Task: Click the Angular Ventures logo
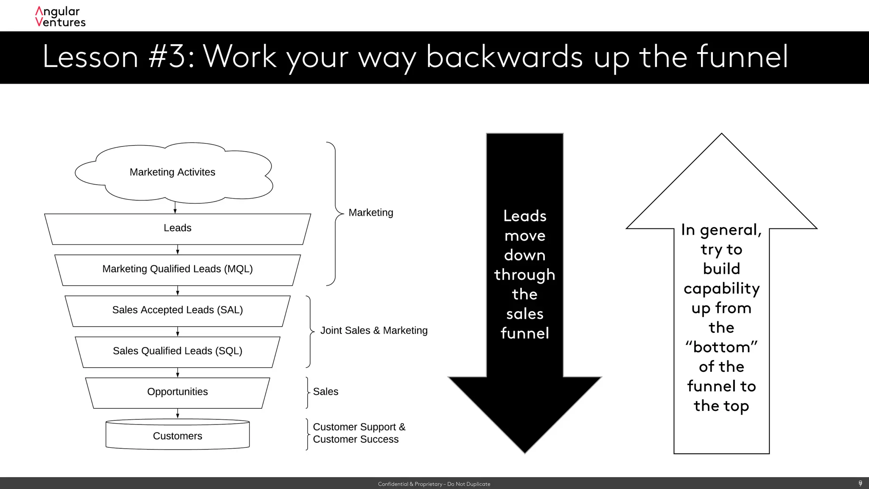coord(60,17)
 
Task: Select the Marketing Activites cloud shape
coord(173,172)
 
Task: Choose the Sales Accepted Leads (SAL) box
coord(177,310)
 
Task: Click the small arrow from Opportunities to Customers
coord(178,414)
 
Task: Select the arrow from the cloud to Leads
coord(175,208)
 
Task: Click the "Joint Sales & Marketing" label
coord(374,331)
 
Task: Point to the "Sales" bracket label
coord(325,392)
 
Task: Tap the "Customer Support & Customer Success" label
coord(359,433)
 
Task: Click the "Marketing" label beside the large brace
coord(370,213)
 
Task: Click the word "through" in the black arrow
coord(524,275)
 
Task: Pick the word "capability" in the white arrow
coord(721,289)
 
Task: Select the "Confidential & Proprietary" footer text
coord(434,484)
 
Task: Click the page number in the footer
coord(860,483)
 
